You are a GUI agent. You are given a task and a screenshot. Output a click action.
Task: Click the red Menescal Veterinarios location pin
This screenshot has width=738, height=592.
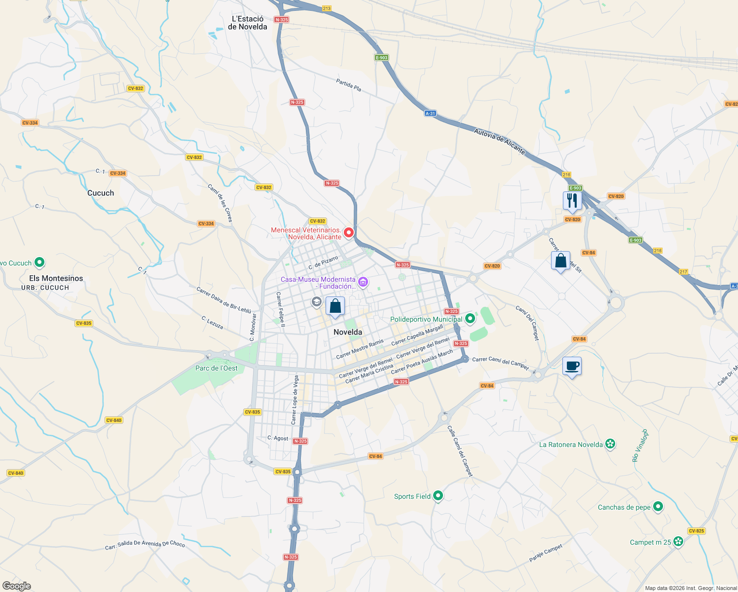point(349,232)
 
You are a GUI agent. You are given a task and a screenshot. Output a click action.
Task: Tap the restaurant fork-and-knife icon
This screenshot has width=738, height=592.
point(572,201)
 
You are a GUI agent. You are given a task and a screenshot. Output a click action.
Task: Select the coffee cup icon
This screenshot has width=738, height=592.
point(572,367)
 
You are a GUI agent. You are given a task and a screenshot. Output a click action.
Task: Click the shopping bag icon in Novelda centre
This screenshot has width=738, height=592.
point(335,306)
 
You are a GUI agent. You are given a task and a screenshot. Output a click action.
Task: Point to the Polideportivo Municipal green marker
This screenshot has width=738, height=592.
point(470,319)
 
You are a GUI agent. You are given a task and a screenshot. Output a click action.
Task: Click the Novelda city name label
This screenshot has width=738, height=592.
point(348,332)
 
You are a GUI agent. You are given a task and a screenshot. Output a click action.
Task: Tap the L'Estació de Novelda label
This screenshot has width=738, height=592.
point(248,23)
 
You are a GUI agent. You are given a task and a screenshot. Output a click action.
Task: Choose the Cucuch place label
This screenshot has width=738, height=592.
point(101,193)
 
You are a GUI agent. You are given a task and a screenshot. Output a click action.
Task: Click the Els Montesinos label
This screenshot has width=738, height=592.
point(56,278)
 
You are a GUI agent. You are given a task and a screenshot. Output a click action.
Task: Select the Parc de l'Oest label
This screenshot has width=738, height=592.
point(217,368)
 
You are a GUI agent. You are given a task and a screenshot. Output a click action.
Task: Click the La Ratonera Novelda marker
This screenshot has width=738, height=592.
point(611,444)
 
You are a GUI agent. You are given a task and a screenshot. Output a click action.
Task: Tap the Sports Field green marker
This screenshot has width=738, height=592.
point(438,496)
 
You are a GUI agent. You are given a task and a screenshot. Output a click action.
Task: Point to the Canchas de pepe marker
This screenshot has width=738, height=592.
point(658,507)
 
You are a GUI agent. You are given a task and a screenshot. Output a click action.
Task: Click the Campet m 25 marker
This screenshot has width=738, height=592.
point(679,542)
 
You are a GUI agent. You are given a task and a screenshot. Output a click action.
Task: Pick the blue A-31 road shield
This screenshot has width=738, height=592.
point(430,113)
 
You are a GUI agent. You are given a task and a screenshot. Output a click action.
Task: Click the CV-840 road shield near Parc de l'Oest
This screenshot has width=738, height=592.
point(114,420)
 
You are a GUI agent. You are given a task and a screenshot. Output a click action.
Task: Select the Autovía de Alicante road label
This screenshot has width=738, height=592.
point(500,141)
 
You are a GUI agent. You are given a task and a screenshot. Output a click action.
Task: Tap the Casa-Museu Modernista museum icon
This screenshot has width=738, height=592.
point(364,282)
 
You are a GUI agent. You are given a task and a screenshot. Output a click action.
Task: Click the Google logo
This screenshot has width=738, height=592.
point(17,586)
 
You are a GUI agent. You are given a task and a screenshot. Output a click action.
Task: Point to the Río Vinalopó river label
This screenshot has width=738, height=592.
point(639,445)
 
